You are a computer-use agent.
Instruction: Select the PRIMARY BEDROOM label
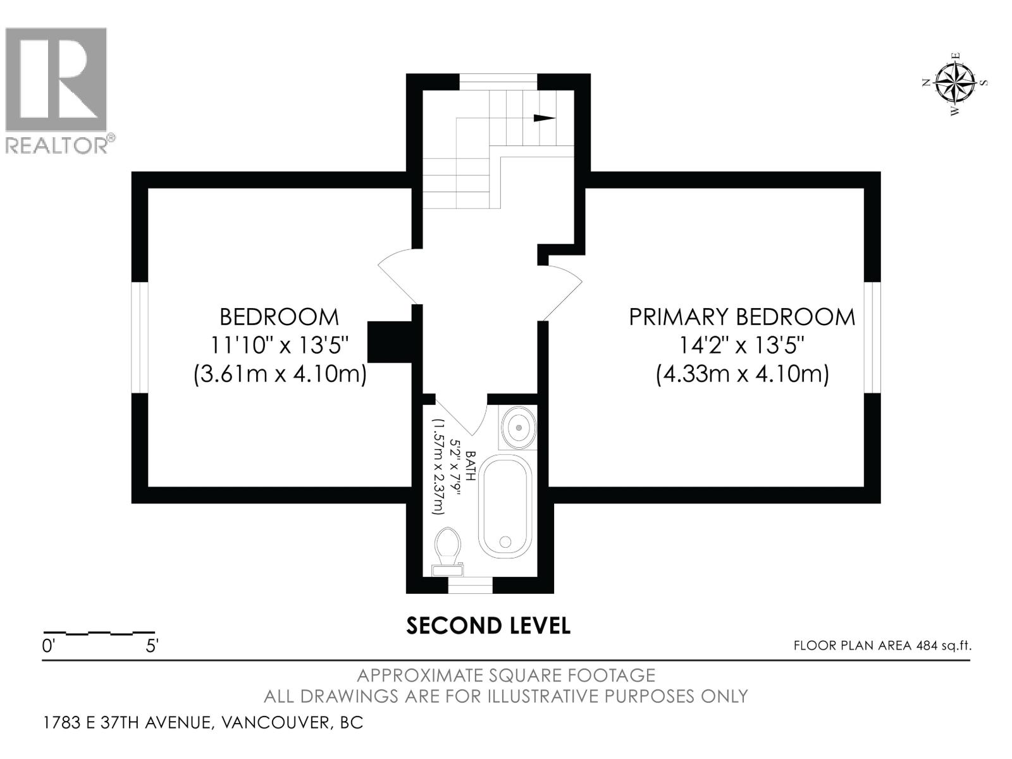tap(742, 317)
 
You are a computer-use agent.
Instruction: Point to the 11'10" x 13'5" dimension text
tap(280, 345)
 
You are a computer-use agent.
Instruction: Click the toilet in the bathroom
tap(448, 551)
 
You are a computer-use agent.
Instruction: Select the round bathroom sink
tap(519, 427)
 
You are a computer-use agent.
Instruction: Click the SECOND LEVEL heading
tap(488, 626)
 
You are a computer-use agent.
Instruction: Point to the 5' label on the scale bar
tap(152, 646)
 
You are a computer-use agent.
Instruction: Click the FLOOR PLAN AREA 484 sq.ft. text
tap(882, 646)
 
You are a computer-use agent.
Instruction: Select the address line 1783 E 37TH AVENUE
tap(203, 722)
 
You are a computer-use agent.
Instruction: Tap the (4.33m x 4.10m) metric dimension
tap(742, 374)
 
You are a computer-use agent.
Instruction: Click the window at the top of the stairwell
tap(498, 82)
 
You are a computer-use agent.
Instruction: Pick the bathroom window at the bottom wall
tap(471, 585)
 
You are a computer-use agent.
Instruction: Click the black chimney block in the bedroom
tap(389, 342)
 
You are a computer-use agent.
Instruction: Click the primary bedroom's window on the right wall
tap(872, 337)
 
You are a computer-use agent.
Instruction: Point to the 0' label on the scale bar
tap(49, 646)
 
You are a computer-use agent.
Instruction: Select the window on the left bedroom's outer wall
tap(140, 337)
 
